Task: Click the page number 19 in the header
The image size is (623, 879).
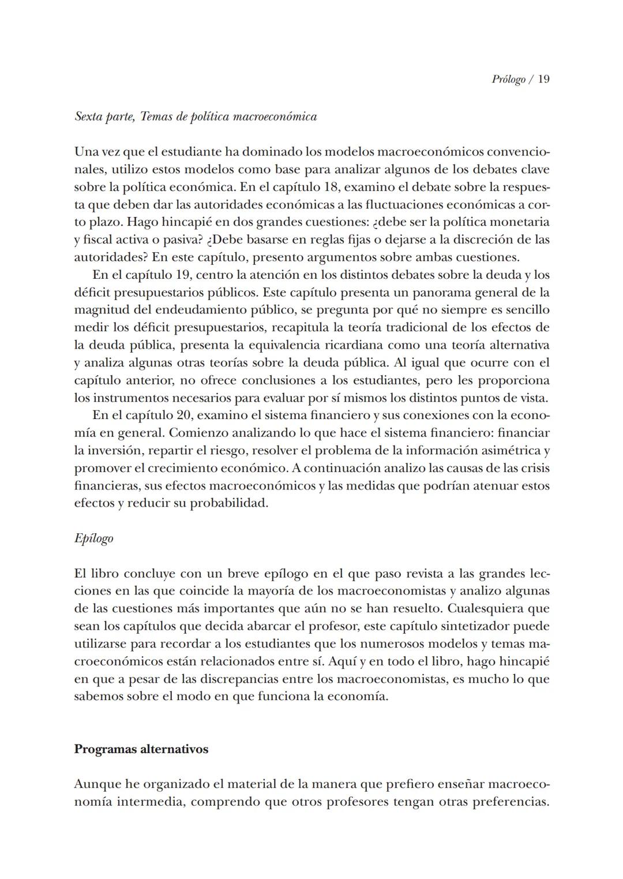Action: pyautogui.click(x=543, y=79)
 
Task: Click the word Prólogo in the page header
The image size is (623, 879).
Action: pyautogui.click(x=508, y=79)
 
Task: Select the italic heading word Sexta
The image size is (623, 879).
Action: pyautogui.click(x=89, y=117)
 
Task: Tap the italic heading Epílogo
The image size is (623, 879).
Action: pyautogui.click(x=93, y=538)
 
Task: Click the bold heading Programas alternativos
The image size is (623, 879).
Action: pyautogui.click(x=141, y=749)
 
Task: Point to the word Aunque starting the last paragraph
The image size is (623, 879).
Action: pyautogui.click(x=95, y=784)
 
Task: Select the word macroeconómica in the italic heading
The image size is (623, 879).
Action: pyautogui.click(x=274, y=117)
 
